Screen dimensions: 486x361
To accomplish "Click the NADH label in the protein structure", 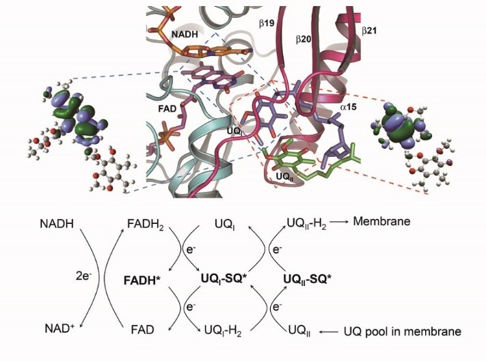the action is coord(185,33).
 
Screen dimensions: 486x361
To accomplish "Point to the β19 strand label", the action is coord(267,23).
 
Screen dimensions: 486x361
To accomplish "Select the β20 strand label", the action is coord(303,40).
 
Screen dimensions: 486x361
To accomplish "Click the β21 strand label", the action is coord(369,31).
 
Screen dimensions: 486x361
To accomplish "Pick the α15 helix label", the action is coord(348,107).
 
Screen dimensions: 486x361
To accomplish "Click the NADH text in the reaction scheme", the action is coord(57,224).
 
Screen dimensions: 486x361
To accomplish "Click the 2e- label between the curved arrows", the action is coord(83,276).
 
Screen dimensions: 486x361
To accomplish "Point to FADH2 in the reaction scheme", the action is coord(146,225).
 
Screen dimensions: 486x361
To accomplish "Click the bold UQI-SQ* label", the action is coord(224,280).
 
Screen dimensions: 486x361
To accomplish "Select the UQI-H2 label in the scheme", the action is coord(223,331).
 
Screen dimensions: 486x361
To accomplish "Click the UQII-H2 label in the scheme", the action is coord(306,224).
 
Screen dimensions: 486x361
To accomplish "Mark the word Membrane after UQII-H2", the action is coord(382,222).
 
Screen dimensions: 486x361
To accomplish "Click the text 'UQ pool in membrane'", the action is coord(403,332).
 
